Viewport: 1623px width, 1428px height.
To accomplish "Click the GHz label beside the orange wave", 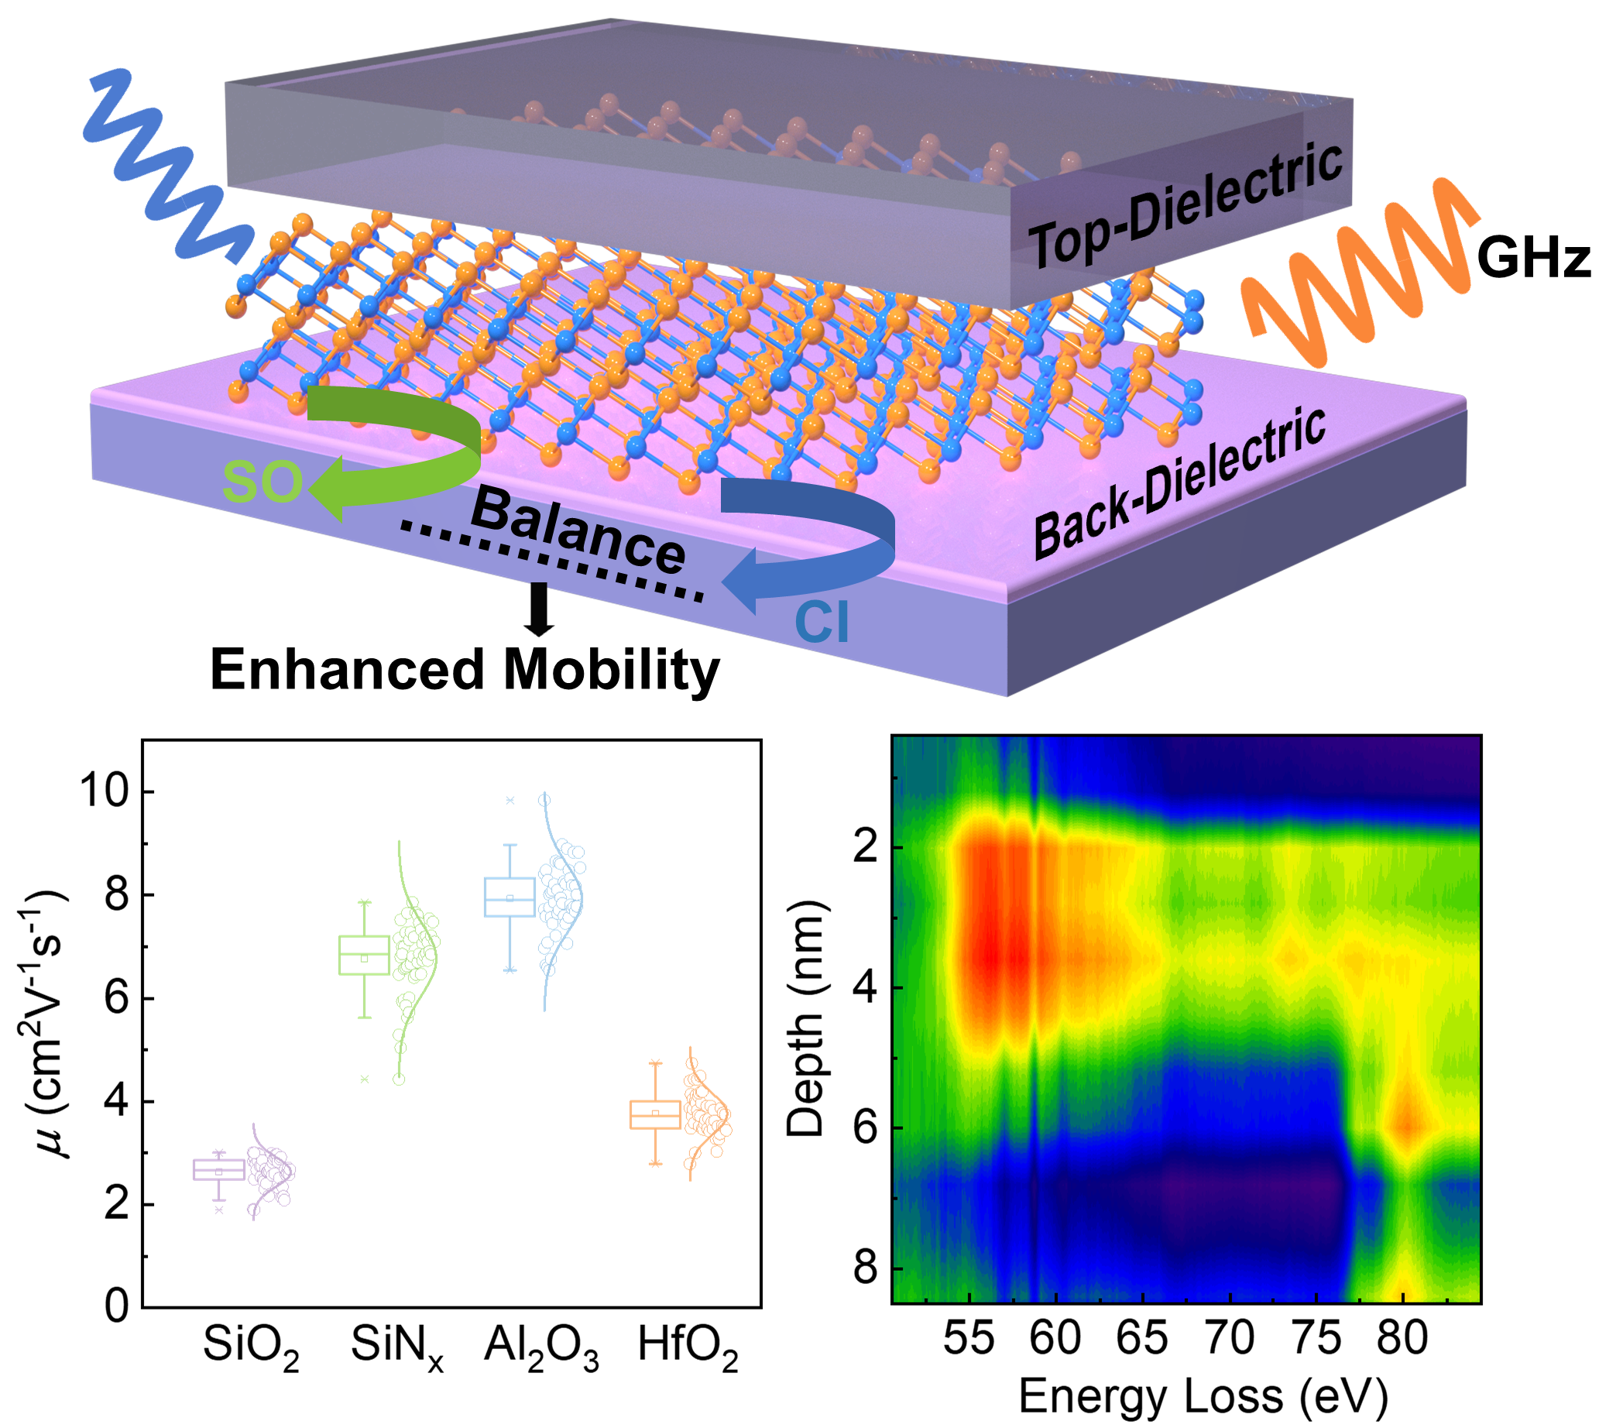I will click(1533, 259).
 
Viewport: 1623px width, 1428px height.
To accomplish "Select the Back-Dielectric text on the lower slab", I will click(1180, 484).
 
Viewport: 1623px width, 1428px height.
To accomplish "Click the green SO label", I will click(262, 482).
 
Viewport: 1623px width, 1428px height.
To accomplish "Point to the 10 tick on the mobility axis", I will click(105, 792).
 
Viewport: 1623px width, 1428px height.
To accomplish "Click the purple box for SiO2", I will click(219, 1170).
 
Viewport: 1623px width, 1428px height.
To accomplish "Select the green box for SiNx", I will click(365, 955).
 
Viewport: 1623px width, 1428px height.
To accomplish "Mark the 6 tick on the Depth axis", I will click(866, 1127).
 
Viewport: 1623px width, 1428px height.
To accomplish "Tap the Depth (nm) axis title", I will click(806, 1018).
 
